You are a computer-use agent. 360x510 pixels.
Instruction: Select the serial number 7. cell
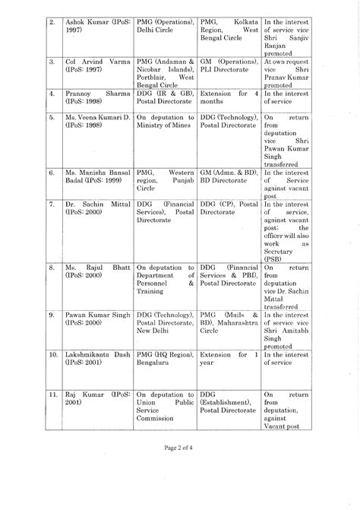(x=52, y=204)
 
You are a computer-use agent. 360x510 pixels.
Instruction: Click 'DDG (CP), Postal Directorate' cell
(x=228, y=209)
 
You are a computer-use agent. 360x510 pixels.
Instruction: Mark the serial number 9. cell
(x=52, y=314)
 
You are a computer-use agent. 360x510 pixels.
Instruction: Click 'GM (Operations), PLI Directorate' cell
(x=228, y=65)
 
